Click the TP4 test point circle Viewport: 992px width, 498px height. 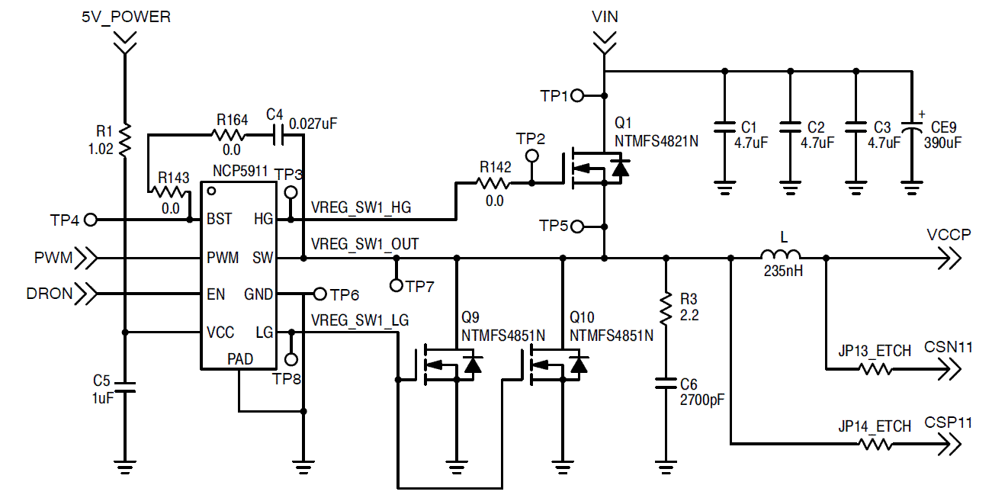coord(90,220)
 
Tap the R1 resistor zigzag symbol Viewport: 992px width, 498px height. coord(125,140)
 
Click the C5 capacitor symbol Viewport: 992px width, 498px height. coord(125,387)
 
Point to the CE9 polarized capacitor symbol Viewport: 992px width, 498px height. coord(912,127)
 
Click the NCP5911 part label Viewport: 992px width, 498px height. coord(240,171)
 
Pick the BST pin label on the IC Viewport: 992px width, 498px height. coord(219,219)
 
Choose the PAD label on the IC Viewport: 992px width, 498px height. coord(240,359)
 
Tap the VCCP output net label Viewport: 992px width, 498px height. coord(949,234)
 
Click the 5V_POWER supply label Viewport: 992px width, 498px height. coord(127,17)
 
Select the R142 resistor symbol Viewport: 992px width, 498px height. coord(493,183)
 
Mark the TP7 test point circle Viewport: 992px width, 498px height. coord(396,285)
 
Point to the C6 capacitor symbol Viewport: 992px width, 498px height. coord(666,384)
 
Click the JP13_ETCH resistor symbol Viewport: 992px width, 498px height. coord(875,368)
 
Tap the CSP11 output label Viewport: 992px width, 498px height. coord(949,422)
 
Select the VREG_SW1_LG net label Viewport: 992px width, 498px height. coord(360,320)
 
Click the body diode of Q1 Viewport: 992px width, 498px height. coord(620,168)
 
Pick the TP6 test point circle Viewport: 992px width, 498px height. coord(319,294)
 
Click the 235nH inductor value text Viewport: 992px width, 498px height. coord(783,271)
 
